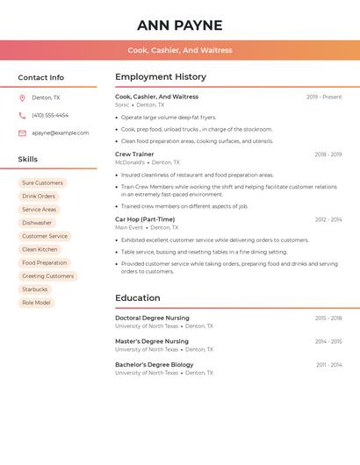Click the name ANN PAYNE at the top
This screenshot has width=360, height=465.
coord(180,25)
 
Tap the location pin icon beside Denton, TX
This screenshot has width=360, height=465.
coord(22,98)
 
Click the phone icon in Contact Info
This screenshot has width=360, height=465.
coord(22,116)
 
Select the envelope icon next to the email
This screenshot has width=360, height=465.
coord(22,133)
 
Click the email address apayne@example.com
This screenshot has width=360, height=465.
coord(60,133)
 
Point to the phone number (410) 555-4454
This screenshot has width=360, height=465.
coord(50,116)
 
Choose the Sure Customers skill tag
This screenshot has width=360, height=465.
coord(42,183)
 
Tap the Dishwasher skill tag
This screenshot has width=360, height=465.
coord(37,223)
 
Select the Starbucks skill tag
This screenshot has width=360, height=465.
coord(35,290)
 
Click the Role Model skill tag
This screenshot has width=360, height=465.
coord(36,303)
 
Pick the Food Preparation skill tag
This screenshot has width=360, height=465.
coord(44,263)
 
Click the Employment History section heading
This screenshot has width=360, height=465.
coord(161,77)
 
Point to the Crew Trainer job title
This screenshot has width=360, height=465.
coord(134,154)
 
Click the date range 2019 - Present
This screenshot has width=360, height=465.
coord(324,97)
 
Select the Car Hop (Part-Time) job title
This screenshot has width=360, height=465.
coord(145,219)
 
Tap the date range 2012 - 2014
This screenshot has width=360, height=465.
coord(328,219)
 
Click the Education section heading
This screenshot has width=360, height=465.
coord(138,298)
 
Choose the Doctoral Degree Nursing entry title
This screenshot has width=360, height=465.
coord(152,318)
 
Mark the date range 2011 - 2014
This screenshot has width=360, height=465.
coord(329,365)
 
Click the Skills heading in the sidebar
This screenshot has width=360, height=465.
coord(28,160)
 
